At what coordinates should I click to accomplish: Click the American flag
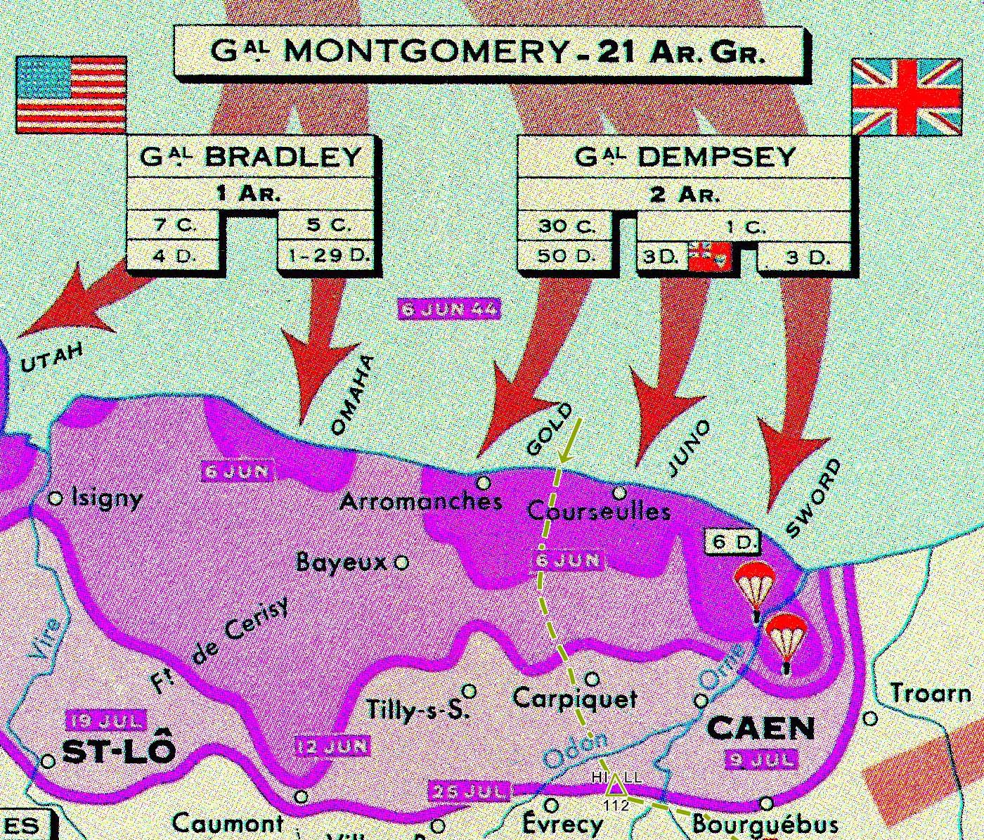[71, 96]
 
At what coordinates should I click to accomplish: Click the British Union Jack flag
[906, 97]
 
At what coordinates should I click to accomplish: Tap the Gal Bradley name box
[251, 157]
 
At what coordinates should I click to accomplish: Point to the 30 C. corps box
[567, 226]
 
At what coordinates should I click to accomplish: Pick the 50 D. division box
[567, 256]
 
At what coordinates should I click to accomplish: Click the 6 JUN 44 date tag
[449, 309]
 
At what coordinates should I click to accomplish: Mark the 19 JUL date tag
[105, 721]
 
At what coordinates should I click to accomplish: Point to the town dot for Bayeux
[401, 562]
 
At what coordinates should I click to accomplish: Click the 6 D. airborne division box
[734, 542]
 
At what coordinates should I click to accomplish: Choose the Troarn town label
[931, 694]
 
